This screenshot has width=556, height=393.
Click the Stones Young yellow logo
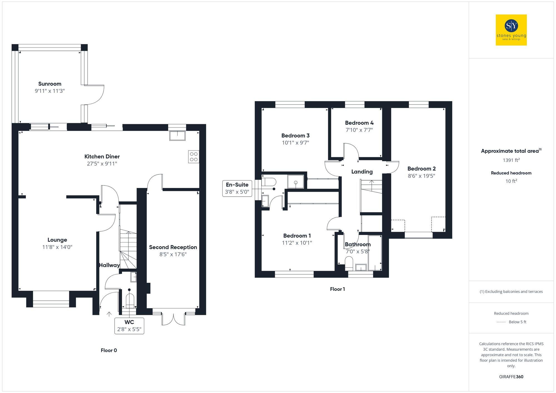pyautogui.click(x=511, y=30)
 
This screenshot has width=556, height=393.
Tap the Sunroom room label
pyautogui.click(x=50, y=84)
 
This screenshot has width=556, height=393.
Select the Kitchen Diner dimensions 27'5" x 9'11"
pyautogui.click(x=102, y=164)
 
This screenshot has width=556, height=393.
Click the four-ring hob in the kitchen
pyautogui.click(x=194, y=157)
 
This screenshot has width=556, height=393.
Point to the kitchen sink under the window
pyautogui.click(x=177, y=136)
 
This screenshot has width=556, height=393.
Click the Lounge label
pyautogui.click(x=57, y=240)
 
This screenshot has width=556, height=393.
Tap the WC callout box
pyautogui.click(x=129, y=326)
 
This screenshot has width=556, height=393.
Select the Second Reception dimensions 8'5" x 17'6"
pyautogui.click(x=173, y=254)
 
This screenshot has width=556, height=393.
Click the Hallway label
pyautogui.click(x=110, y=265)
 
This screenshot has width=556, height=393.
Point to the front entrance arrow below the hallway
pyautogui.click(x=109, y=314)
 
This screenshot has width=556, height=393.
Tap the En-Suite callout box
pyautogui.click(x=237, y=188)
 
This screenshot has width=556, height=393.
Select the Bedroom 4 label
pyautogui.click(x=359, y=123)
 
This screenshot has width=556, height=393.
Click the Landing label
pyautogui.click(x=362, y=172)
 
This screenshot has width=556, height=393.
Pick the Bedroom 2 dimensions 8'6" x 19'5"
pyautogui.click(x=421, y=176)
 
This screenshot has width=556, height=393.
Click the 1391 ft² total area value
pyautogui.click(x=511, y=160)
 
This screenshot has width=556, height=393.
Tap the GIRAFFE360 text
pyautogui.click(x=511, y=377)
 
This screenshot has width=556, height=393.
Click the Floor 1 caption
pyautogui.click(x=337, y=289)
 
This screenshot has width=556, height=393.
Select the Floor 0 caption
pyautogui.click(x=109, y=351)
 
